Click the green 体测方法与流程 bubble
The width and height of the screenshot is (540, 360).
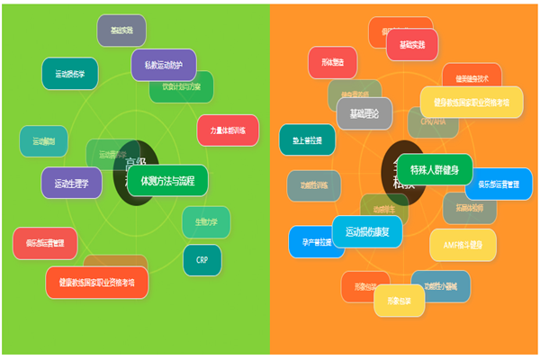click(167, 179)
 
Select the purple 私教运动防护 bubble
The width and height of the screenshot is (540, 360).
click(164, 65)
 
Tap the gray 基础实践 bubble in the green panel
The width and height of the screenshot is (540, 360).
click(121, 31)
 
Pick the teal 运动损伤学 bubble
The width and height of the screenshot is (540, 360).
click(70, 74)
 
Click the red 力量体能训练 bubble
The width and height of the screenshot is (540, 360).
click(228, 130)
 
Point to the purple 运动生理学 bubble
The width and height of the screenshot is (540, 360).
click(71, 183)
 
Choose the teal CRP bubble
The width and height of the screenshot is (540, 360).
click(202, 259)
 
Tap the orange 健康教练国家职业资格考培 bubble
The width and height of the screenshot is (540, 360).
click(97, 282)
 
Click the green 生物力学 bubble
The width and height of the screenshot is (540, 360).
click(206, 221)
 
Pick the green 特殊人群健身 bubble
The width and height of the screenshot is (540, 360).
click(435, 169)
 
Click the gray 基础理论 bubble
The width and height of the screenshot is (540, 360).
click(364, 113)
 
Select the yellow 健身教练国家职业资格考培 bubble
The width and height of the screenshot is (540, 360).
click(471, 102)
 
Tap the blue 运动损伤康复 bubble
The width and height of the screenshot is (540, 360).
click(367, 231)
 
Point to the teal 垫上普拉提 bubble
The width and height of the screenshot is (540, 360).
click(307, 139)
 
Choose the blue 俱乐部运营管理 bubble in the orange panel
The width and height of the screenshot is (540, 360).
click(498, 184)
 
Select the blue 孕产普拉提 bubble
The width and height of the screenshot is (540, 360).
click(316, 241)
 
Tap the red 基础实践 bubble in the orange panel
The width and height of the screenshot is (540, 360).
click(412, 44)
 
